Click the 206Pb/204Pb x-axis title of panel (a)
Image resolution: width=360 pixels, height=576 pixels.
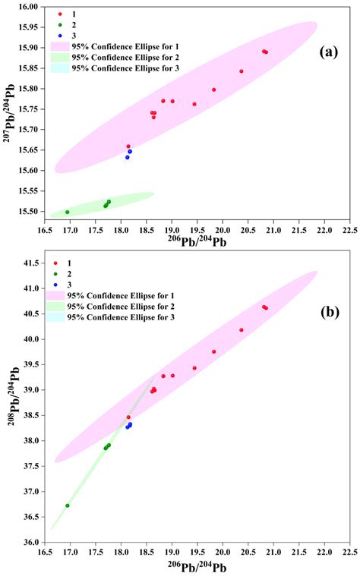pyautogui.click(x=197, y=244)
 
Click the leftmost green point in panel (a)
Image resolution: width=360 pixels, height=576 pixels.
pyautogui.click(x=68, y=212)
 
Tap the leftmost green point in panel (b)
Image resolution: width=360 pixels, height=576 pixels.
pyautogui.click(x=68, y=505)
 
